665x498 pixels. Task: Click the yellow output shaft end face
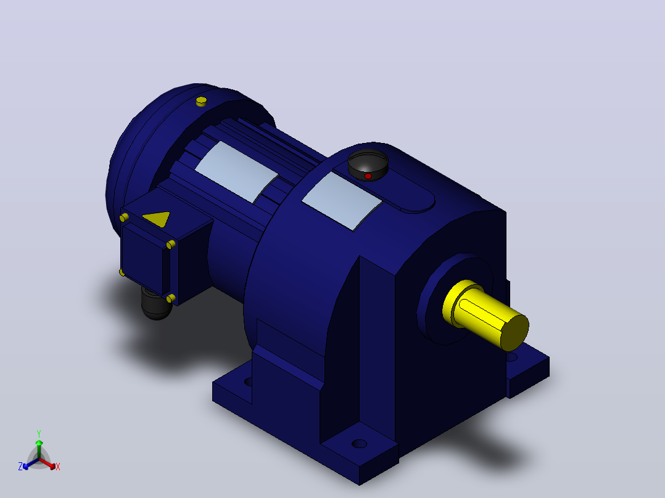514,332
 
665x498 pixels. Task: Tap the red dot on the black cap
368,176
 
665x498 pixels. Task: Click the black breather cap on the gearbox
368,165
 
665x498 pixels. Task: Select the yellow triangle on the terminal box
157,218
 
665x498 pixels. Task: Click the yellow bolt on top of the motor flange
201,102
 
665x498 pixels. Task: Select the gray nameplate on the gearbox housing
342,201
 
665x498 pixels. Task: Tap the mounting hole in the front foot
359,444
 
